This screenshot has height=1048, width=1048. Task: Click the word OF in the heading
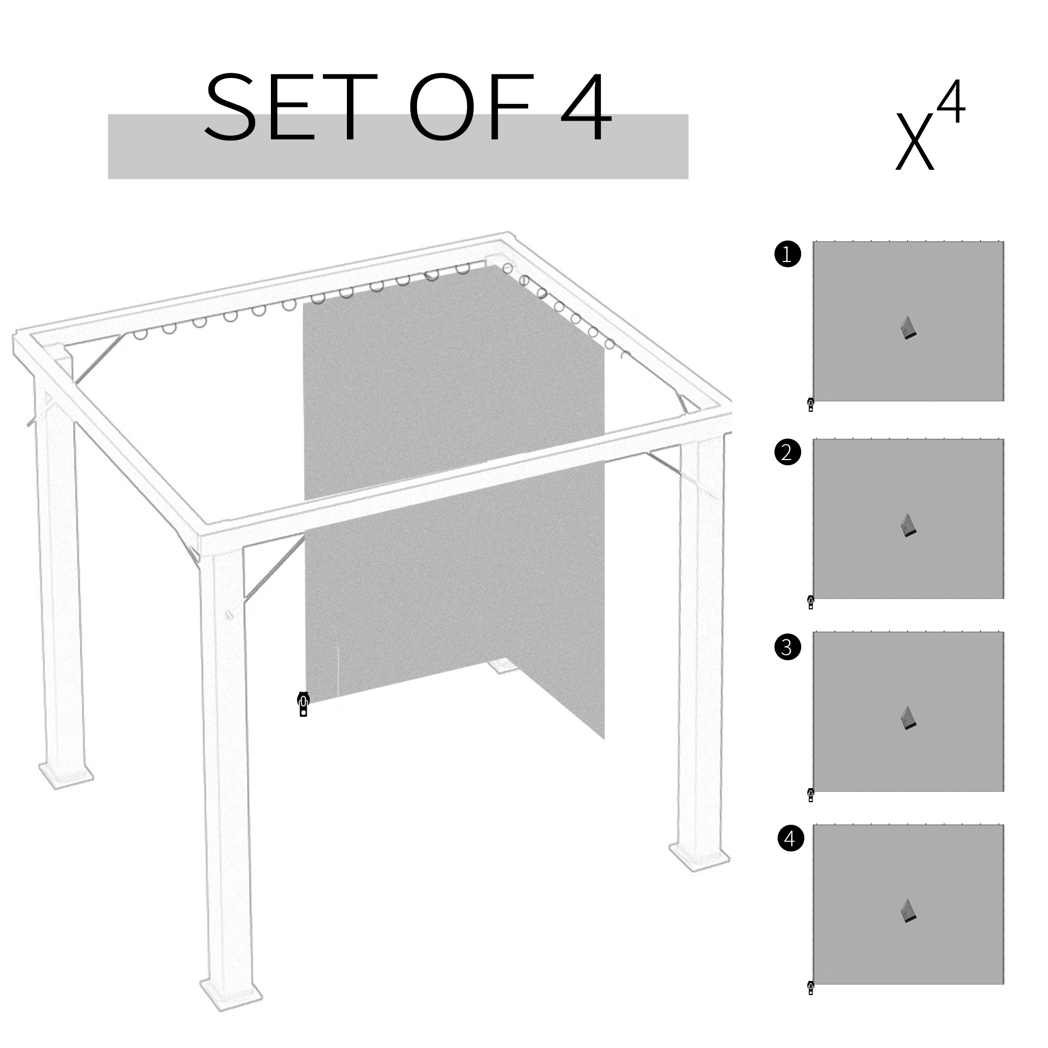471,107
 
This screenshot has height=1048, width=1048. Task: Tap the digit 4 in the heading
586,107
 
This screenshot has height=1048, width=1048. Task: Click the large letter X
914,141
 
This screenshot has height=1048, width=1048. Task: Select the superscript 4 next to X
951,103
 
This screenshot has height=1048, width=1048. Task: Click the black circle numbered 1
788,254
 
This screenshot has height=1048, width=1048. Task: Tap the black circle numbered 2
788,452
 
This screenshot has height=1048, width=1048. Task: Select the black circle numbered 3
788,647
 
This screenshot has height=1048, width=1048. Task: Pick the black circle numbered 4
790,838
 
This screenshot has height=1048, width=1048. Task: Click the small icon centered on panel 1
908,328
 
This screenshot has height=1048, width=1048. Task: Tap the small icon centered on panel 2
908,526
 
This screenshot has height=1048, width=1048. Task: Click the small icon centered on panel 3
908,718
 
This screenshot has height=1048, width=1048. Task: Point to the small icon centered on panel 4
908,911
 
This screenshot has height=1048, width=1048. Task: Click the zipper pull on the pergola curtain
303,704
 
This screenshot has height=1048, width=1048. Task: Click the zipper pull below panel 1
811,405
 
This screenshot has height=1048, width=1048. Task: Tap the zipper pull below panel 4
811,987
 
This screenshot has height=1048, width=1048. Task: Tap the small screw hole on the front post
229,615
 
